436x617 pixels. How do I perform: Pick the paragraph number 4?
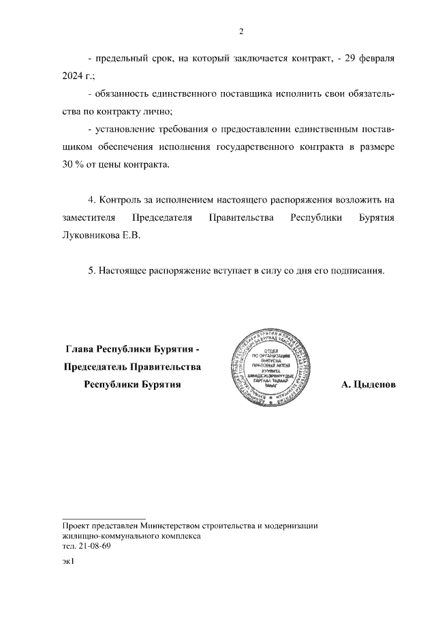coord(92,200)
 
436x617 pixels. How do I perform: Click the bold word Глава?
coord(79,349)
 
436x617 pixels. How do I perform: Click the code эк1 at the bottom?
coord(67,562)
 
